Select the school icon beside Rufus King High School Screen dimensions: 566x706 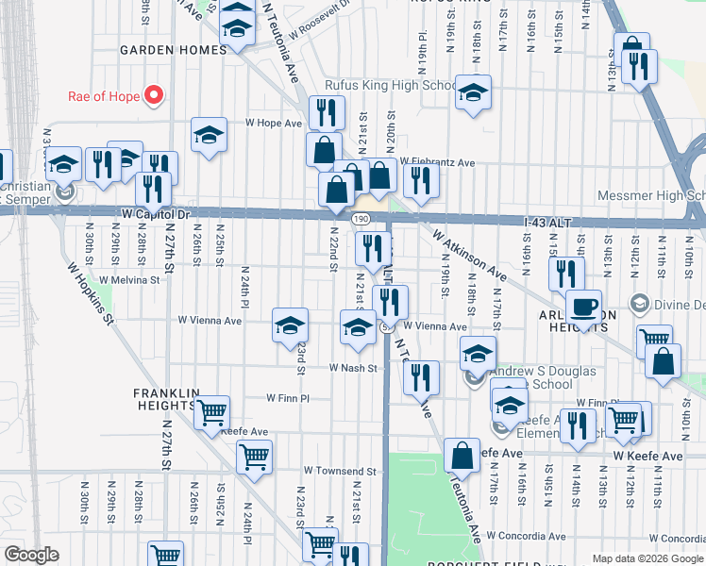pos(474,93)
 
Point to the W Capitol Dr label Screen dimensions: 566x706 pos(157,214)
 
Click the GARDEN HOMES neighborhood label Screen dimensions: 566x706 pos(173,50)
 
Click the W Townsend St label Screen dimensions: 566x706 pos(340,471)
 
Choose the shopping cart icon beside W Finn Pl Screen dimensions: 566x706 pos(213,412)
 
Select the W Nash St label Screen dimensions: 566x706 pos(353,368)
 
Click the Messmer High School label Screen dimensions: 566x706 pos(651,196)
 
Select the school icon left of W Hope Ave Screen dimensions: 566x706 pos(209,135)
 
